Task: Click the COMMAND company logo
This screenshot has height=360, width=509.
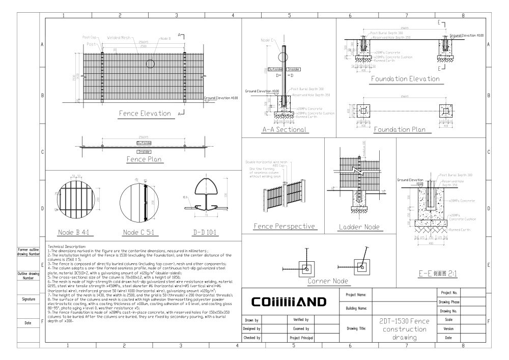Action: (x=289, y=302)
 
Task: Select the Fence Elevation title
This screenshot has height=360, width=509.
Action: (x=145, y=113)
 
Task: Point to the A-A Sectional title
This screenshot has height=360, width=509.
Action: (x=285, y=130)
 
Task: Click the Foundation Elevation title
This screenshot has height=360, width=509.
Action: (x=405, y=79)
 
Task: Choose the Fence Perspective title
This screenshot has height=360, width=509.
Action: (x=285, y=226)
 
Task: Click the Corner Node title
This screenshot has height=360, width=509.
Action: (x=327, y=281)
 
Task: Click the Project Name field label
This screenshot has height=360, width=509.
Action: (x=356, y=295)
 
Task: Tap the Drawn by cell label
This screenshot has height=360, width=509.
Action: (x=252, y=320)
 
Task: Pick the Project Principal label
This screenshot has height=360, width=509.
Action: (x=300, y=337)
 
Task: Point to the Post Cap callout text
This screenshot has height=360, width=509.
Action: (x=91, y=38)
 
